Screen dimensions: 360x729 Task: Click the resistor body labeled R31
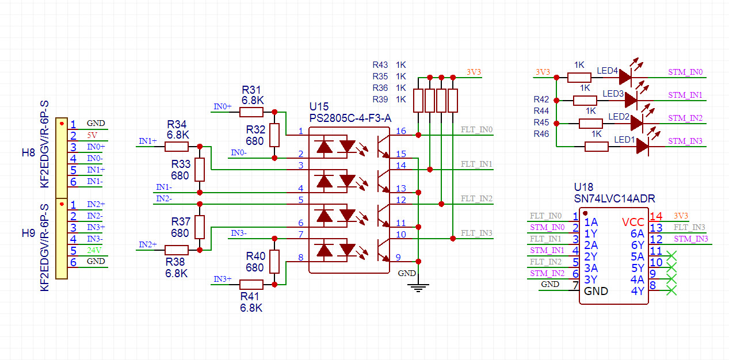point(251,112)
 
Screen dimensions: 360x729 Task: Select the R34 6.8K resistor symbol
point(176,147)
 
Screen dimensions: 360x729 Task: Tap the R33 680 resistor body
point(200,170)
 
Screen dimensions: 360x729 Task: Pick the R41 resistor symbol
point(251,284)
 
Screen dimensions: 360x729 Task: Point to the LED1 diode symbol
point(643,147)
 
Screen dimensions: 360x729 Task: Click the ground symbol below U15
point(418,287)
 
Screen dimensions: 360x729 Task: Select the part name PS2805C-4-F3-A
point(350,118)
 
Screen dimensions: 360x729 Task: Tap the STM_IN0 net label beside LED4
point(685,72)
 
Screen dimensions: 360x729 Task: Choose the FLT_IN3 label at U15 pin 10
point(476,233)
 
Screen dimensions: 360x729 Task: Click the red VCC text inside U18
point(633,222)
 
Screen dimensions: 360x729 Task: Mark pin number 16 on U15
point(400,131)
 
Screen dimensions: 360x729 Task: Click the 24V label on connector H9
point(93,250)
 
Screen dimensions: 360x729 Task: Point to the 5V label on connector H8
point(93,135)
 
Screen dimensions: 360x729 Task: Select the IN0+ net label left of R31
point(223,107)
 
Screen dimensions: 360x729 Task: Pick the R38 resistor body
point(177,250)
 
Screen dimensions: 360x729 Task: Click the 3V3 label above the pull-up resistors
point(474,72)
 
